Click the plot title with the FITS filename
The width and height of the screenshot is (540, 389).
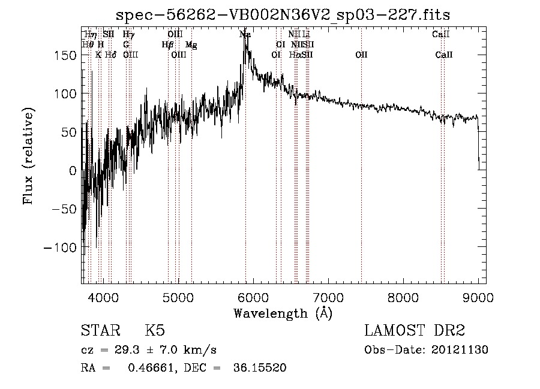click(x=283, y=14)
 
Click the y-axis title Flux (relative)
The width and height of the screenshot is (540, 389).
click(x=28, y=155)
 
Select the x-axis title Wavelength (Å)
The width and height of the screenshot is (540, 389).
click(x=283, y=313)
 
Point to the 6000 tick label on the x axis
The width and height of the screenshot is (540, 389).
click(x=253, y=297)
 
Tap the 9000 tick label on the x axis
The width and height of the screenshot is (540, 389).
click(x=478, y=297)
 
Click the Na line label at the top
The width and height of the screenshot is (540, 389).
click(x=245, y=35)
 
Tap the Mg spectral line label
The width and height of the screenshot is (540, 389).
click(x=191, y=45)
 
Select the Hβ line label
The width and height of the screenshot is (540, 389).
click(x=167, y=45)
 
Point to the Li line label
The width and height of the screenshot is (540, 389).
click(x=306, y=35)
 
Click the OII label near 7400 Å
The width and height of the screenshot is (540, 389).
click(x=361, y=55)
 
